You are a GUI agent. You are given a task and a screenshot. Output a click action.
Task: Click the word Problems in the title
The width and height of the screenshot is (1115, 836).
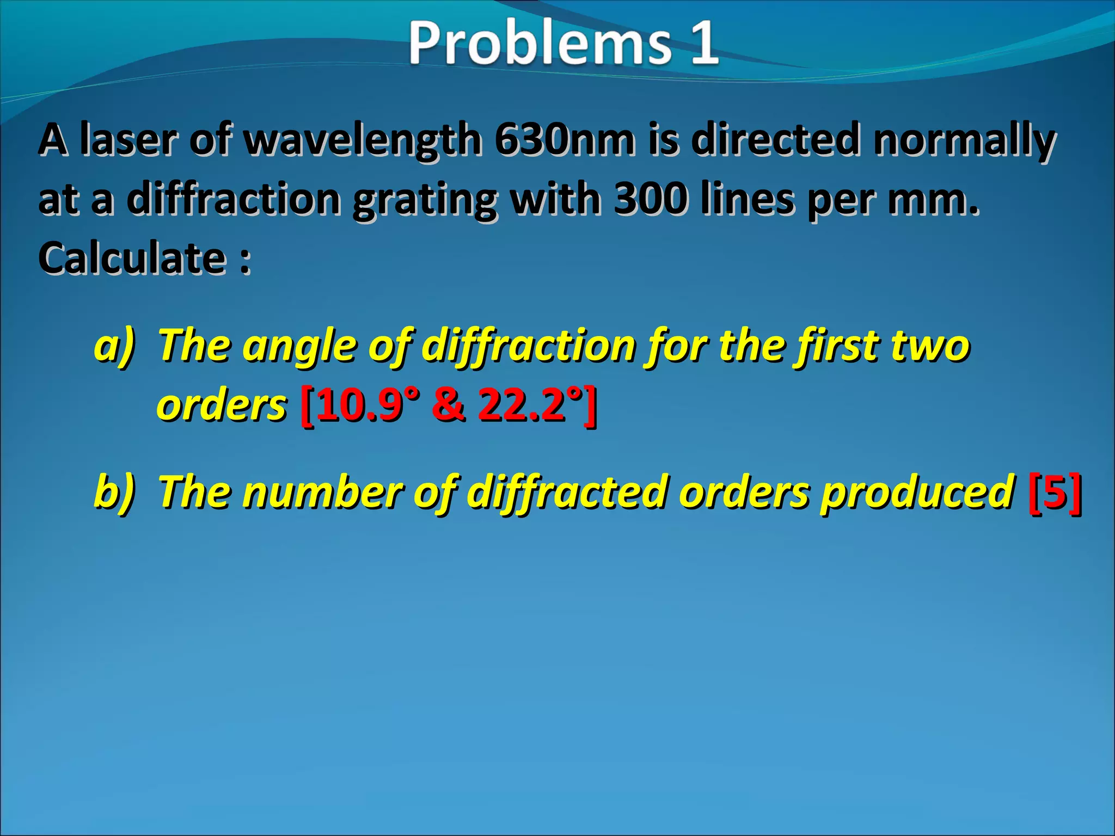(539, 42)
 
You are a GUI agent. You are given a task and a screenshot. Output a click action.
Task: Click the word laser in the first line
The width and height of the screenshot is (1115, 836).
(128, 139)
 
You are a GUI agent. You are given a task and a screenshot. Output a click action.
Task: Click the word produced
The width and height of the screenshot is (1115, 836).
(918, 492)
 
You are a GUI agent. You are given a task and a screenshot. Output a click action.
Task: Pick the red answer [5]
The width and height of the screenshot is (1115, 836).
(1055, 491)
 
